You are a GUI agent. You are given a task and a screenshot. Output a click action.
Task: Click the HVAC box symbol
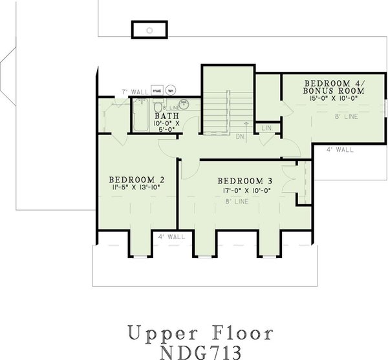(157, 90)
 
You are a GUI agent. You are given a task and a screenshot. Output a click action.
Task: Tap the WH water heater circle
(171, 90)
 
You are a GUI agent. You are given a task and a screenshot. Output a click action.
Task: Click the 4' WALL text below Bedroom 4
(339, 150)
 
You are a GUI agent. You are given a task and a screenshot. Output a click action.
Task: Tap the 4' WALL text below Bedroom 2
(171, 237)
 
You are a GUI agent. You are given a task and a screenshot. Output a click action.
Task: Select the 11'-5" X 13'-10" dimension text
(135, 188)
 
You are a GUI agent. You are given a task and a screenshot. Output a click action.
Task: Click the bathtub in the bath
(140, 116)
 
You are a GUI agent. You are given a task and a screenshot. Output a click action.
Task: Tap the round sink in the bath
(184, 102)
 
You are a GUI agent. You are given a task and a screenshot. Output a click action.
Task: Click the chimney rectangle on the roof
(149, 30)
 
